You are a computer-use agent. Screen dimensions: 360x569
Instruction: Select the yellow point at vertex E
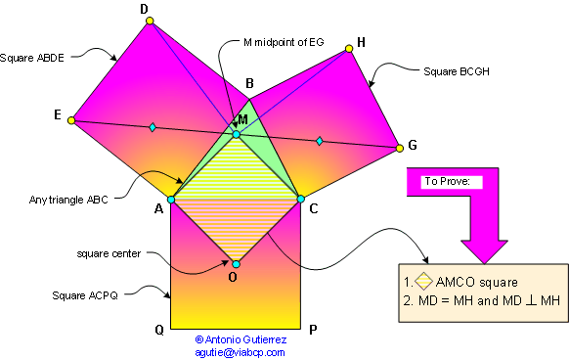click(71, 120)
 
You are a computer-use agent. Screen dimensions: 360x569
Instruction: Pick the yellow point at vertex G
click(399, 149)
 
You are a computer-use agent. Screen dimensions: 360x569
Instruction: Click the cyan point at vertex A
click(171, 200)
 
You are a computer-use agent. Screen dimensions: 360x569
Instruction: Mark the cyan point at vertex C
click(300, 200)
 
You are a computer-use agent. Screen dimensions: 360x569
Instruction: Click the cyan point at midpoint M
click(236, 134)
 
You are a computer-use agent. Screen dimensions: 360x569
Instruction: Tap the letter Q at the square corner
click(158, 330)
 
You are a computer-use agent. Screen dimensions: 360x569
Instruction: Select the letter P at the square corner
click(312, 330)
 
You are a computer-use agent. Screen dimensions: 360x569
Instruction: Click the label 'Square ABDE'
click(33, 57)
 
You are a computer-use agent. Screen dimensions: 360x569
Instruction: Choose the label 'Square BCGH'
click(455, 71)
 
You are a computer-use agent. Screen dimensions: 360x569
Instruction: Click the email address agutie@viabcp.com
click(240, 352)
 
